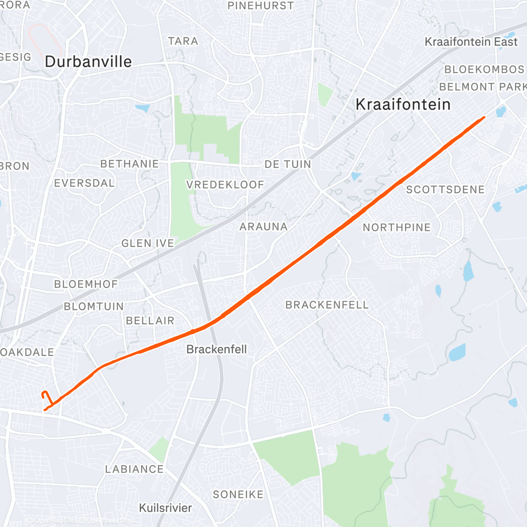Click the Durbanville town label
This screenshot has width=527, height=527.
coord(88,62)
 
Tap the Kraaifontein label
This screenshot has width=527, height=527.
coord(403,104)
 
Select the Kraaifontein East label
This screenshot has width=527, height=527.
coord(471,42)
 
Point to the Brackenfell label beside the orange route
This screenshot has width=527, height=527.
coord(217,349)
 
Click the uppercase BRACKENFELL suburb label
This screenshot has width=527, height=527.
coord(327,305)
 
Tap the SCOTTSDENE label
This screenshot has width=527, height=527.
coord(445,190)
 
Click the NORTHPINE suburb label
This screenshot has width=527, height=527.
coord(397,228)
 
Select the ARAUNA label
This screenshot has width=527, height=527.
coord(263,227)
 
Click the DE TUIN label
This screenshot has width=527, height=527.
coord(288,164)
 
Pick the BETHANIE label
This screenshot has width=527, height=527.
coord(129,164)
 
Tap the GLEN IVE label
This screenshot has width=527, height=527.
coord(148,243)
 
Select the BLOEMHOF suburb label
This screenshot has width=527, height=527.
coord(86,284)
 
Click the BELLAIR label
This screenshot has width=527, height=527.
coord(150,320)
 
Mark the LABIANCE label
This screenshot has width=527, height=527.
coord(134,469)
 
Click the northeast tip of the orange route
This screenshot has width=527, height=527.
coord(483,118)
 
